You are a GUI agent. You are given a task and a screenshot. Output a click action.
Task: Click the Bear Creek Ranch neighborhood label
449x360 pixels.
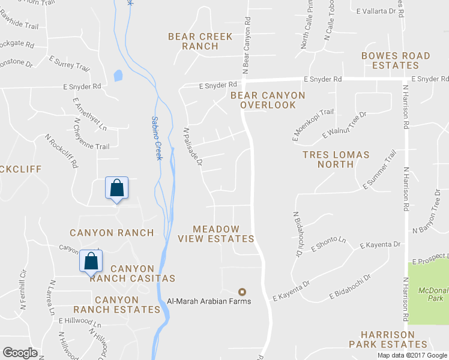pos(200,41)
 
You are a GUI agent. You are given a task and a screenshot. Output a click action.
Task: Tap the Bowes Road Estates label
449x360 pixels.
pos(396,61)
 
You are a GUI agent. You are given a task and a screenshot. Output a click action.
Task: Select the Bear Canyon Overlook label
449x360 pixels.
pos(268,100)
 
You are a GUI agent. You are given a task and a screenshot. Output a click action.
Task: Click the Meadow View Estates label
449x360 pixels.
pos(216,234)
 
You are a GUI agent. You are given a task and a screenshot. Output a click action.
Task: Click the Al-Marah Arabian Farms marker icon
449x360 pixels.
pos(243,292)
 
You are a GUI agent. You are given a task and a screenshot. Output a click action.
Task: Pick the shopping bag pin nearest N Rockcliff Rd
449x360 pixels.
pos(117,188)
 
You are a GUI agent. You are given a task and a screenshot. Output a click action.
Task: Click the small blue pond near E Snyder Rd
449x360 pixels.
pos(118,76)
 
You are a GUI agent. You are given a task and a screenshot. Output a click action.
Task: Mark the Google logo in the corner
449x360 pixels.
pos(20,353)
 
